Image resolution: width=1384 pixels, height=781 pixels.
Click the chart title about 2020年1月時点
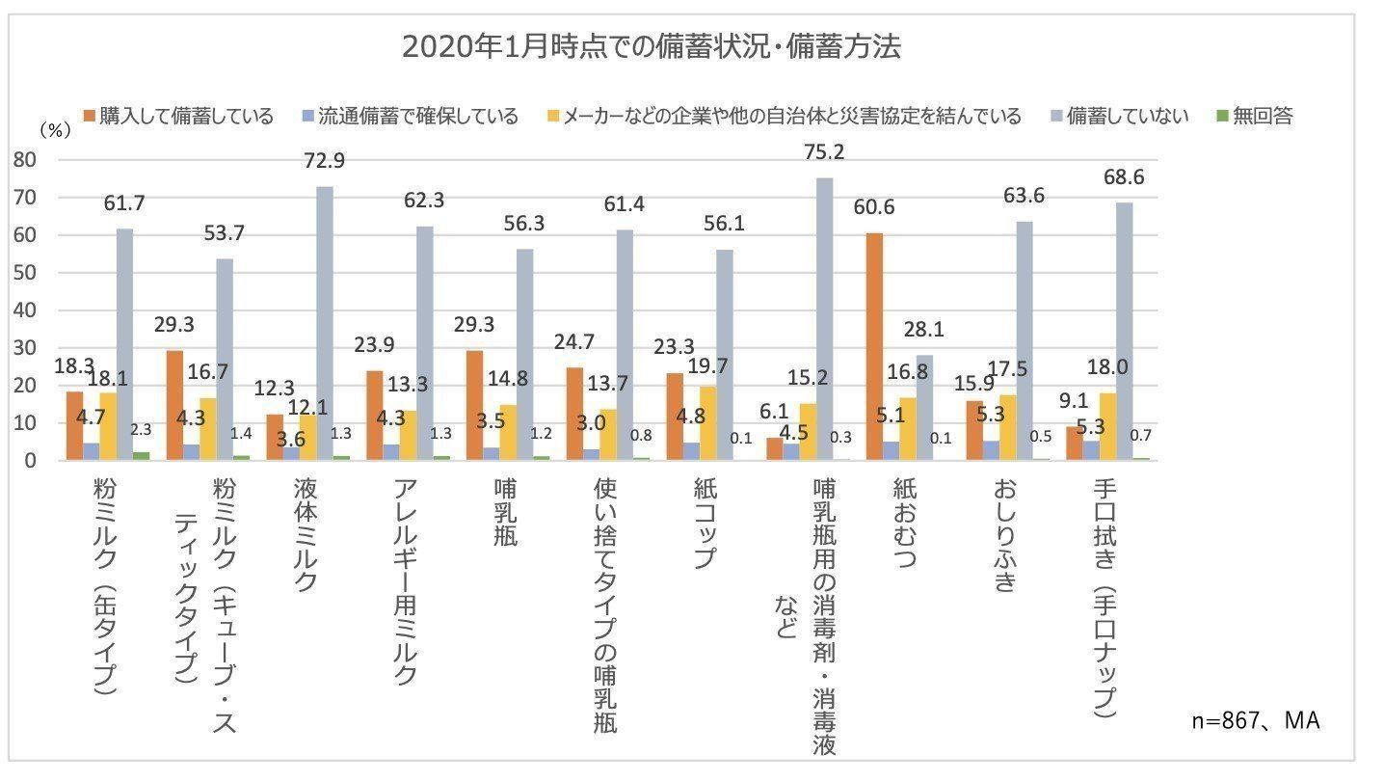tap(652, 47)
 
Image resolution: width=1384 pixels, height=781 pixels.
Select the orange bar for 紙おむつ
tap(874, 346)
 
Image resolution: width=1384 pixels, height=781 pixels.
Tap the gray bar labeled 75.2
tap(824, 319)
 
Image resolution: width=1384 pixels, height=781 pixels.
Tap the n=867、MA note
tap(1255, 721)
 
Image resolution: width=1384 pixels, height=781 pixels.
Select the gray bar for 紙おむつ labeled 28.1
tap(923, 408)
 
